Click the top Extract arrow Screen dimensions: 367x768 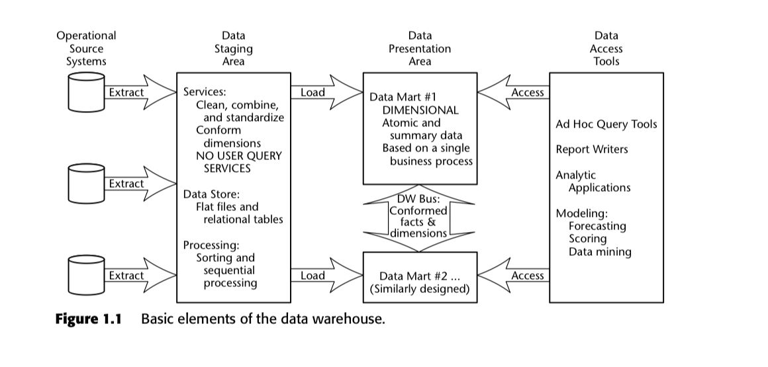(x=136, y=93)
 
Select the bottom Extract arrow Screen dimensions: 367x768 (x=136, y=276)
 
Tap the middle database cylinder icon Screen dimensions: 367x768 (x=86, y=184)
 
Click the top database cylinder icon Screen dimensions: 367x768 (x=86, y=93)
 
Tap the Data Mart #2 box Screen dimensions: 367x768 (x=420, y=277)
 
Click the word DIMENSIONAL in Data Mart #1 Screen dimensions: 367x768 (x=420, y=110)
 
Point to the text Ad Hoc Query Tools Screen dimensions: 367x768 (x=606, y=124)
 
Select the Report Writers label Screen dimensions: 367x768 (x=592, y=149)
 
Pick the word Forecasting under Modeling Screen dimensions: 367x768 (x=597, y=226)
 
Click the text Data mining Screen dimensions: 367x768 (x=600, y=252)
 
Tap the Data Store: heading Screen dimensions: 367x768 (x=211, y=194)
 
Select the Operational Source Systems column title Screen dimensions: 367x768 (x=86, y=48)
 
